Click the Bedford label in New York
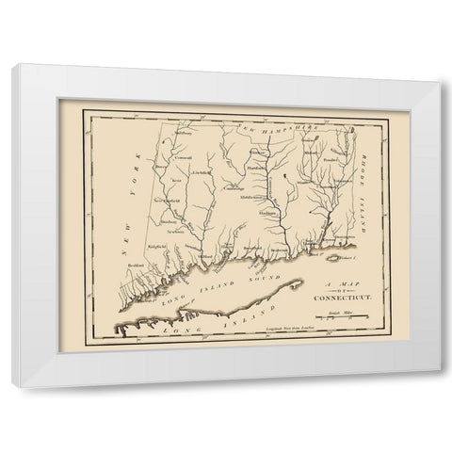(x=135, y=265)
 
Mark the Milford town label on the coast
(x=204, y=253)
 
